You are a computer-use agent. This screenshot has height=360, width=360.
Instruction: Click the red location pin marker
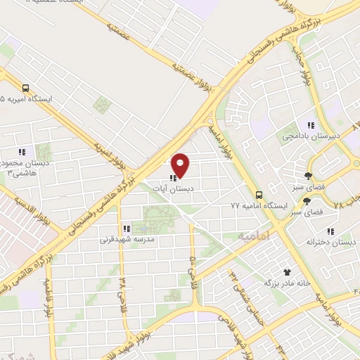pyautogui.click(x=181, y=165)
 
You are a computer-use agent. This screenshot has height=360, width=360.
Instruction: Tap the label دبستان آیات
pyautogui.click(x=177, y=188)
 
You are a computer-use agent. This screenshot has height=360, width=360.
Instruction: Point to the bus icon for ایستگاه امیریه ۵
pyautogui.click(x=26, y=89)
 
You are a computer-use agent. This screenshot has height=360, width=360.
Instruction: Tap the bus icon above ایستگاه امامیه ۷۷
pyautogui.click(x=259, y=194)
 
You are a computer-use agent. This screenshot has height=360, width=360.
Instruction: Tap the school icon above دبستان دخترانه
pyautogui.click(x=330, y=231)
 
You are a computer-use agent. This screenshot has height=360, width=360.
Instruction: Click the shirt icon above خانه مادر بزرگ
pyautogui.click(x=286, y=271)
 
